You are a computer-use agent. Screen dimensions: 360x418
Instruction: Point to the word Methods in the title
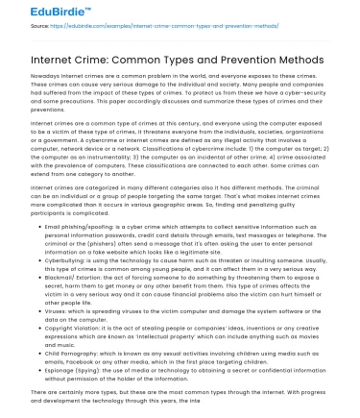point(326,61)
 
